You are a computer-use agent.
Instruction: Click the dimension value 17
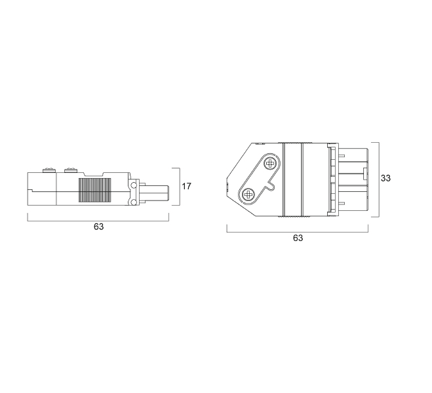(187, 186)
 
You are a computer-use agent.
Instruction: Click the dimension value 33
(385, 178)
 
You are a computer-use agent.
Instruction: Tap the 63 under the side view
(98, 227)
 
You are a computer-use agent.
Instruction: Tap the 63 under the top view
(298, 238)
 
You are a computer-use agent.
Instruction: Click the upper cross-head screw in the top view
(270, 164)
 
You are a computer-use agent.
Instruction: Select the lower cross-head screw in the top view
(248, 195)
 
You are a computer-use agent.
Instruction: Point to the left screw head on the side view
(49, 170)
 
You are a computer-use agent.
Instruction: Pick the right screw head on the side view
(71, 170)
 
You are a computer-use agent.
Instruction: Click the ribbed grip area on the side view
(95, 190)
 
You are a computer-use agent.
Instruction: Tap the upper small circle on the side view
(134, 185)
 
